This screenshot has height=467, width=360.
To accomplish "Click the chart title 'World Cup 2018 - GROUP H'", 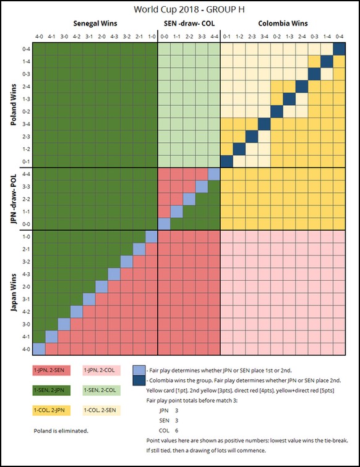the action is point(189,9).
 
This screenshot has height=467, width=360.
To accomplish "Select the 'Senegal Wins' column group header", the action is point(95,24).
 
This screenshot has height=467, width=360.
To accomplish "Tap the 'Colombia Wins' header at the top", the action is point(283,24).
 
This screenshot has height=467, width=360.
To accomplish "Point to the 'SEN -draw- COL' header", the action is point(189,24).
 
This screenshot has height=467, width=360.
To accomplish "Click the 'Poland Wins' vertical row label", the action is point(14,105).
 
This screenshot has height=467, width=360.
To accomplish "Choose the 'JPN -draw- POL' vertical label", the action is point(14,199).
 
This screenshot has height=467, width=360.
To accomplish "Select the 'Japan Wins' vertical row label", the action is point(14,293).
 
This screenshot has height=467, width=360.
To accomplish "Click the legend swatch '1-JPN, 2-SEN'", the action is point(51,371).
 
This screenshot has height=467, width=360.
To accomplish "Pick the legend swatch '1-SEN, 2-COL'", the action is point(101,390).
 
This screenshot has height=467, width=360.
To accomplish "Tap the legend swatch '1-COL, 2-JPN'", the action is point(51,411).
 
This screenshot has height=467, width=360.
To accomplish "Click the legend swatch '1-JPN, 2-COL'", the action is point(101,371).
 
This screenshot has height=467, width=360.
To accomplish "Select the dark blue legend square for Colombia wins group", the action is point(139,380).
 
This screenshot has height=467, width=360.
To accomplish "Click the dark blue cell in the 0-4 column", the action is point(339,49).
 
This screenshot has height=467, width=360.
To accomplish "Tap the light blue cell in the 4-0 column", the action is point(39,349).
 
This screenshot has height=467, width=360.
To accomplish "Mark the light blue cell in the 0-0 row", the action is point(164,224).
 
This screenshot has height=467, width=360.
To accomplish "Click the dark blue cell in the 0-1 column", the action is point(226,161).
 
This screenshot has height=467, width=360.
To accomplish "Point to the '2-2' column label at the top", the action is point(189,36).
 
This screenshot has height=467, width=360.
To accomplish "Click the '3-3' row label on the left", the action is point(26,187).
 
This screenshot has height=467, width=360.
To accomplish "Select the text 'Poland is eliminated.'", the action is point(61,431).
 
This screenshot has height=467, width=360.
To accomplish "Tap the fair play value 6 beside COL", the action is point(176,431).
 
